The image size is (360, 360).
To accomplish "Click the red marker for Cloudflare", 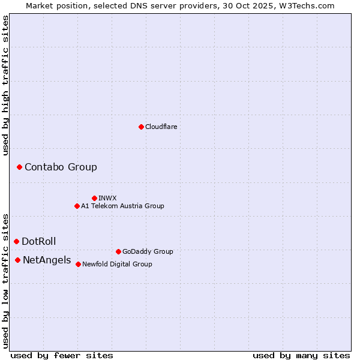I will coord(141,127).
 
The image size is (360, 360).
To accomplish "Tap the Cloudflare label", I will coord(161,127).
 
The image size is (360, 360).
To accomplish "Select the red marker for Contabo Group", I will coord(19,167).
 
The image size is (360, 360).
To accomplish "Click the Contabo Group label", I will coord(61,167).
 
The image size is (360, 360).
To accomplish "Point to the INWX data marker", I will coord(94,198).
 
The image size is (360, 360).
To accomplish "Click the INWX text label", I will coord(107,199).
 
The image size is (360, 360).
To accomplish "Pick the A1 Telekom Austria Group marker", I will coord(77,206).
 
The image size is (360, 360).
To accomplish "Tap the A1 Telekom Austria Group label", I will coord(122,206).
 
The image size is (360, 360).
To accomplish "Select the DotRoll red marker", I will coord(16,241).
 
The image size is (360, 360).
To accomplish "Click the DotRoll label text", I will coord(39,242).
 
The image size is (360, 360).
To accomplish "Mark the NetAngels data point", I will coord(17,260).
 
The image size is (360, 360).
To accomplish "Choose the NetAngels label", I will coord(47,260).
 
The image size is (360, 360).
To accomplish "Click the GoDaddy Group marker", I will coord(118,251).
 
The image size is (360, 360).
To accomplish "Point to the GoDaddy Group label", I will coord(148,252).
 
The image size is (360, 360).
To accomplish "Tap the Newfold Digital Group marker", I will coord(78,264).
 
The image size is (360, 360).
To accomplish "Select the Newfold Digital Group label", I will coord(117,265).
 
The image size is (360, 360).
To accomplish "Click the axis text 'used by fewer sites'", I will coord(62,355).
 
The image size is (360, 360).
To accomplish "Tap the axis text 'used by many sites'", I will coord(301,355).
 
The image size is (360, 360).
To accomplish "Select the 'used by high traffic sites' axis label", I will coord(5,85).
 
